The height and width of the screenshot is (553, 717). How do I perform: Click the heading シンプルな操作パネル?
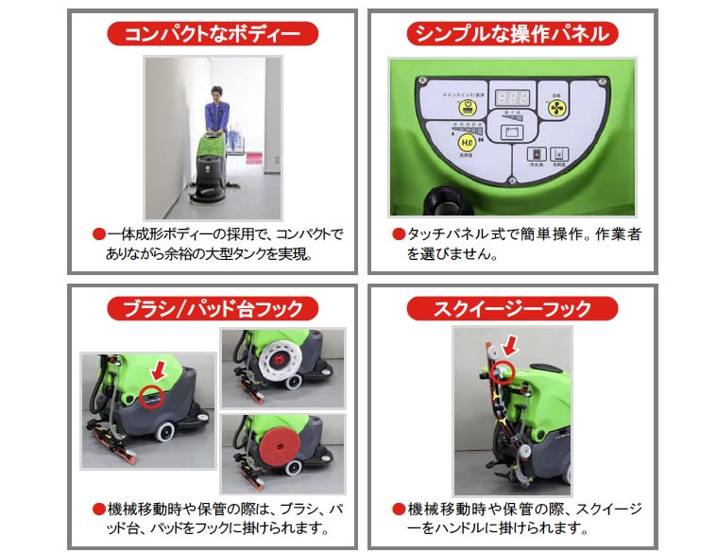tap(512, 35)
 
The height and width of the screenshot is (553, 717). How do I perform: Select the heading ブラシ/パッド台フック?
tap(213, 308)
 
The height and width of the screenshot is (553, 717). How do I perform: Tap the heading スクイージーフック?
tap(512, 308)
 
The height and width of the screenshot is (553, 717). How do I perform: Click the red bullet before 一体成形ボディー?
tap(96, 233)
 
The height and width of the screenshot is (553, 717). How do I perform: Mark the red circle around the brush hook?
tap(151, 397)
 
